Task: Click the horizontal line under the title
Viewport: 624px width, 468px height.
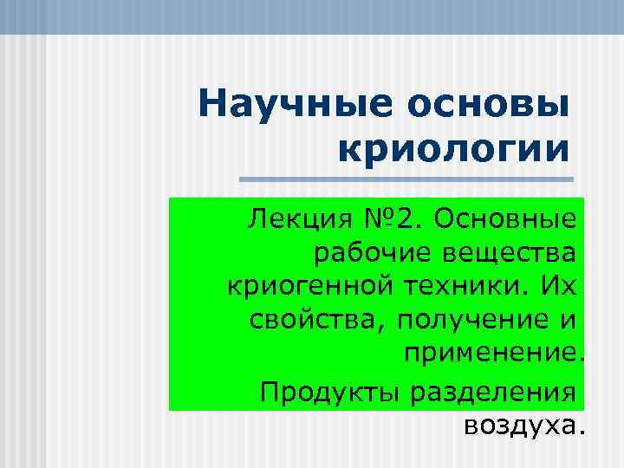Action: (x=406, y=180)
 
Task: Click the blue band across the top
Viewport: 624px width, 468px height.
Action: (x=312, y=16)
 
